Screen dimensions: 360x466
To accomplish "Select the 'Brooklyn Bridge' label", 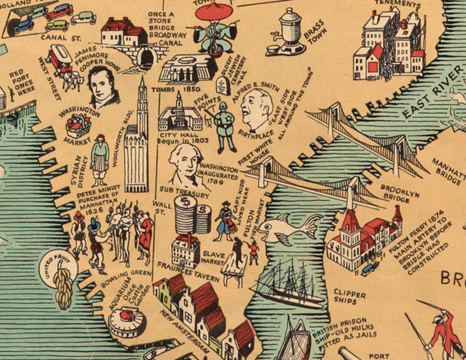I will [x=400, y=193].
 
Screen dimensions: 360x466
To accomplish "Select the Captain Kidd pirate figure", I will [x=224, y=221].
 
